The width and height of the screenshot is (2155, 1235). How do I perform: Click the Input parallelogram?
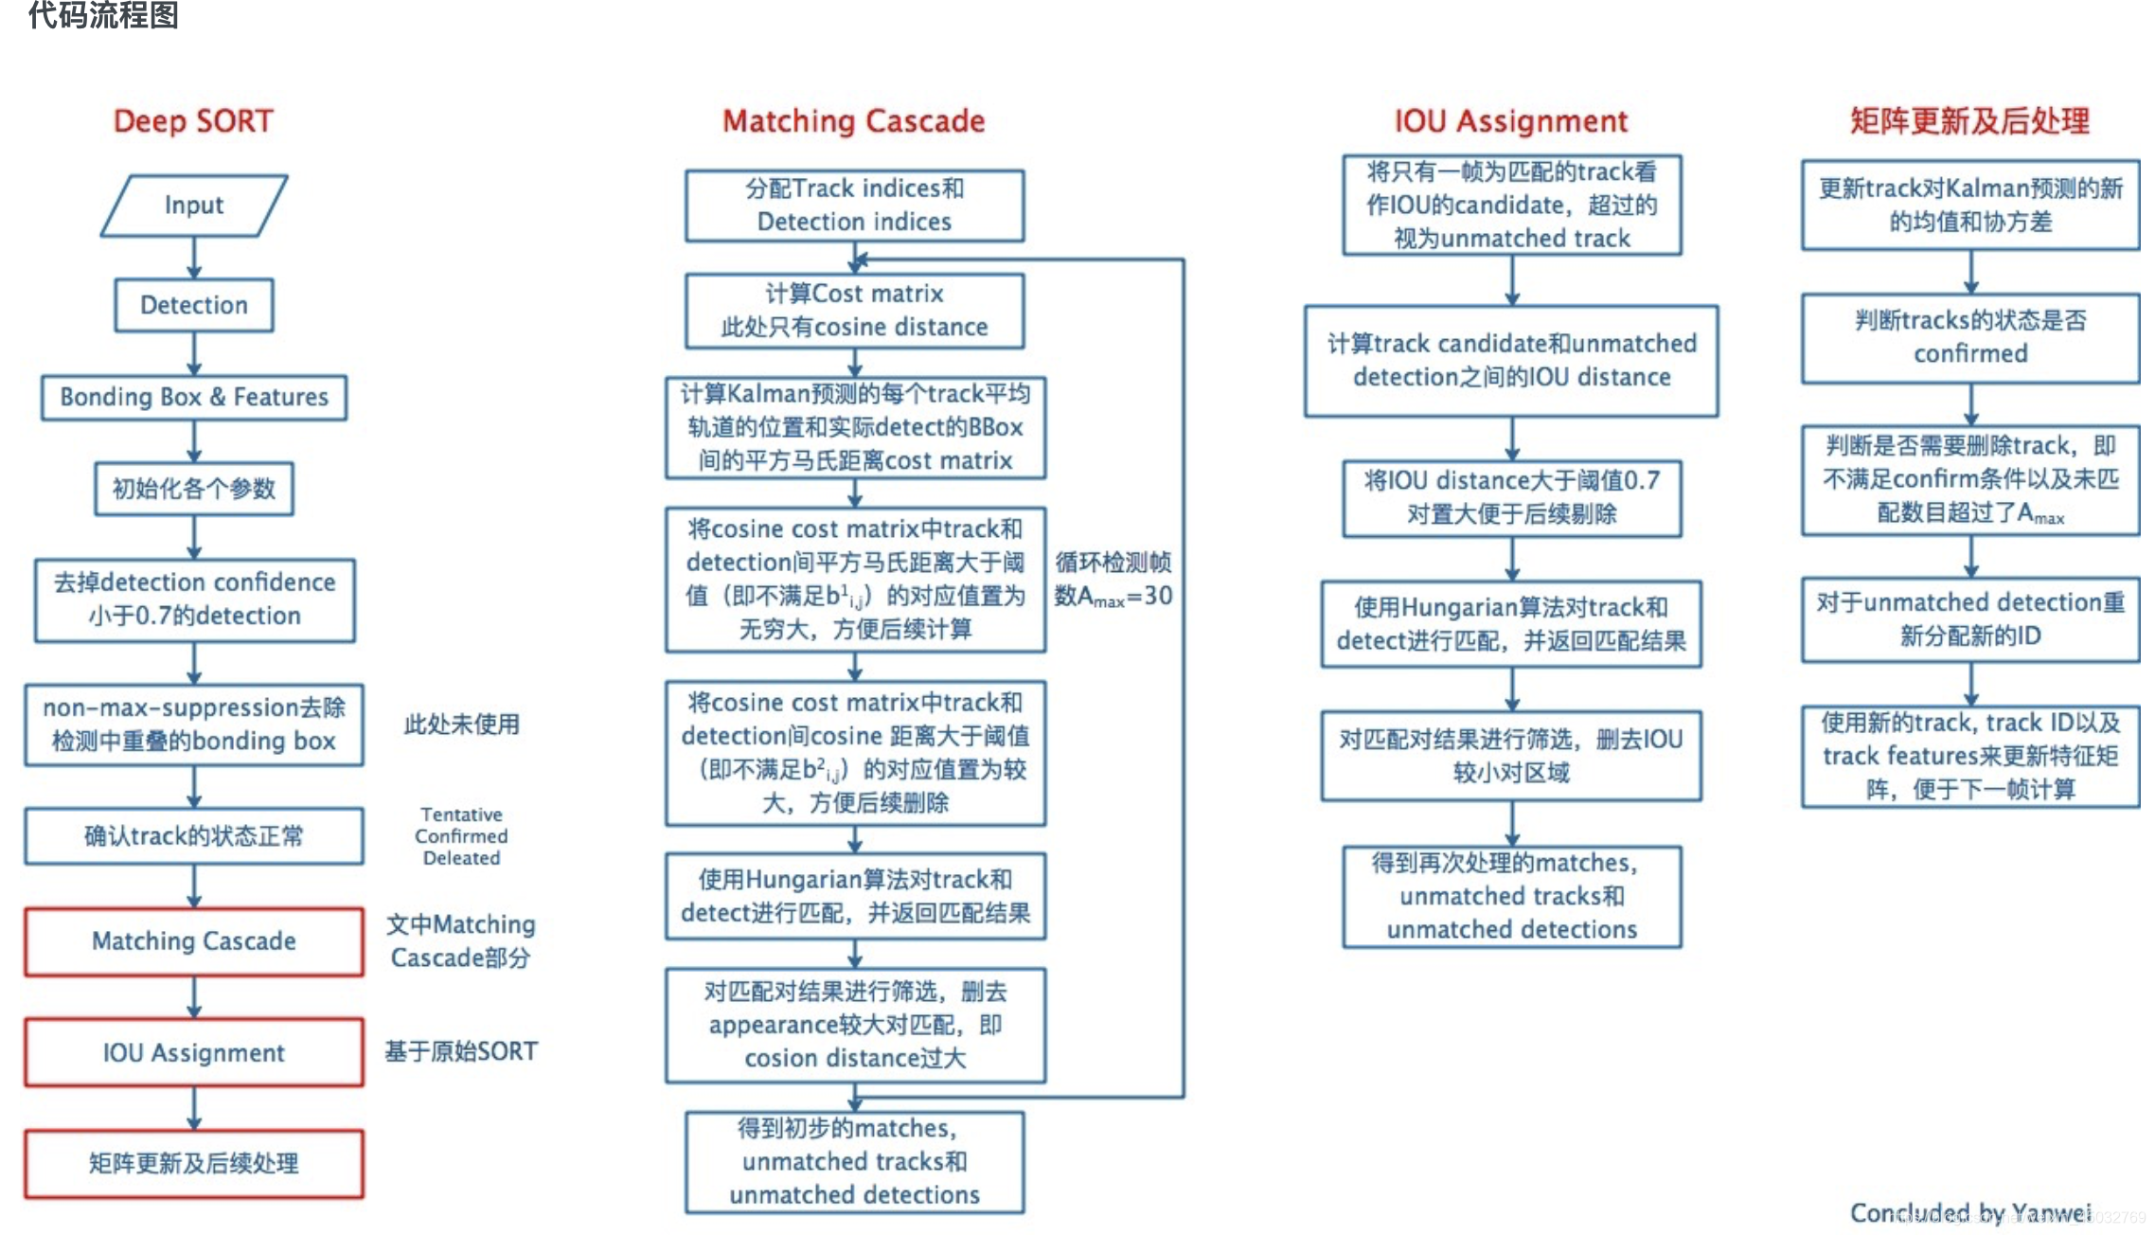194,205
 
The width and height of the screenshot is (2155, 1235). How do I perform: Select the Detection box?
194,305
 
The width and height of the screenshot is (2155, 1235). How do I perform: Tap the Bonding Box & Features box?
194,397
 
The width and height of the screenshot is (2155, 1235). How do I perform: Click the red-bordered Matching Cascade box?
194,940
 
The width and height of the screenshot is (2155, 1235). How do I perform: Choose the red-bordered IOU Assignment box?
194,1052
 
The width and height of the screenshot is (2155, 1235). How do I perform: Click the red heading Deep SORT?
193,121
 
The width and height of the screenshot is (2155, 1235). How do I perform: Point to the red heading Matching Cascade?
853,121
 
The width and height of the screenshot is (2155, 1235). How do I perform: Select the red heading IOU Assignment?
1511,121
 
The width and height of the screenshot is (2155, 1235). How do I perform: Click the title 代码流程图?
103,15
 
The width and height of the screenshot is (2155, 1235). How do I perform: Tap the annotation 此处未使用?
462,725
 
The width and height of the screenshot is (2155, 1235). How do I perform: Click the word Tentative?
462,814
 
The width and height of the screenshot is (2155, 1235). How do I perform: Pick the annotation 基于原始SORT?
461,1051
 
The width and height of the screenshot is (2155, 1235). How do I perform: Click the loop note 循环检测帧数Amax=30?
1113,579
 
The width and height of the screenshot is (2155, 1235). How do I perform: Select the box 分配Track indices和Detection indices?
854,205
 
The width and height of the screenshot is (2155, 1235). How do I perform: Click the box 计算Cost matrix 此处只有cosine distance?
854,311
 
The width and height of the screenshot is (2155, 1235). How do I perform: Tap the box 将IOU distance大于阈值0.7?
1511,498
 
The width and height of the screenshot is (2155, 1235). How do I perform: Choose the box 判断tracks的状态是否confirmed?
1970,337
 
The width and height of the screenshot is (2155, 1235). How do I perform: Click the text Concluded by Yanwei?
1970,1212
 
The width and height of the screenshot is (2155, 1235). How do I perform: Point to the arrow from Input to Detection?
194,258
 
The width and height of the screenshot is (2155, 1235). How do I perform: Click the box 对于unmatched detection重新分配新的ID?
1970,618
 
